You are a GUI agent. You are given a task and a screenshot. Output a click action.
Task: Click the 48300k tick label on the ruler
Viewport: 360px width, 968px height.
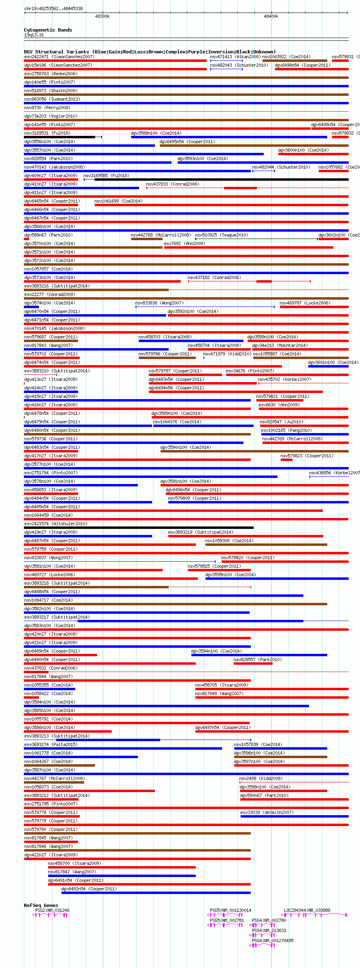102,17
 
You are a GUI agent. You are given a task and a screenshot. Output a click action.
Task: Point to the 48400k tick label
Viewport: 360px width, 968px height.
271,17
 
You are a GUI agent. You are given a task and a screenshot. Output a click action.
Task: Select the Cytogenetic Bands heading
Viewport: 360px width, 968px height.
48,30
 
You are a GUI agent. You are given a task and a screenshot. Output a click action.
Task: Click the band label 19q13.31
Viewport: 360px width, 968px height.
34,35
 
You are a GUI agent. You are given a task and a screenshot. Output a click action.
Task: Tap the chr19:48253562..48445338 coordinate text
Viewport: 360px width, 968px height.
53,8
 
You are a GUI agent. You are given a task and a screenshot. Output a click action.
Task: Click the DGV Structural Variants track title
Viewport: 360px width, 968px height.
150,52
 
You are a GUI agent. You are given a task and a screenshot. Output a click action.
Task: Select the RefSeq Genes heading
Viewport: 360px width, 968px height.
41,905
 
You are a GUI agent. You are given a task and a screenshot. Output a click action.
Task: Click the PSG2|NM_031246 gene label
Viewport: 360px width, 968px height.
52,910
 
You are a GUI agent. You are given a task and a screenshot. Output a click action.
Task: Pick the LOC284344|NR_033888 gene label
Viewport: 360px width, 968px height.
307,910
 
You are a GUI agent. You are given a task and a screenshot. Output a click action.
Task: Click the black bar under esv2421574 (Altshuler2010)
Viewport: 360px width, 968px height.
139,528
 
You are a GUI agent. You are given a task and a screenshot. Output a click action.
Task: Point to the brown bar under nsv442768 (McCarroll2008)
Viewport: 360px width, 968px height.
146,239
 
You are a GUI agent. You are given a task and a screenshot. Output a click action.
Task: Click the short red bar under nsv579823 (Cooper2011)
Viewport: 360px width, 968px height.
286,460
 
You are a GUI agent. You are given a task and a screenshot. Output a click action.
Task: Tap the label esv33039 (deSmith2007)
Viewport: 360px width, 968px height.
267,812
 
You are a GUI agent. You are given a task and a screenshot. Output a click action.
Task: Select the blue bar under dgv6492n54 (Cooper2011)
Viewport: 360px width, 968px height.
156,893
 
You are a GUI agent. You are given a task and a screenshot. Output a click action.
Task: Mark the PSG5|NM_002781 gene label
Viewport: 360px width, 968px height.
227,920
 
